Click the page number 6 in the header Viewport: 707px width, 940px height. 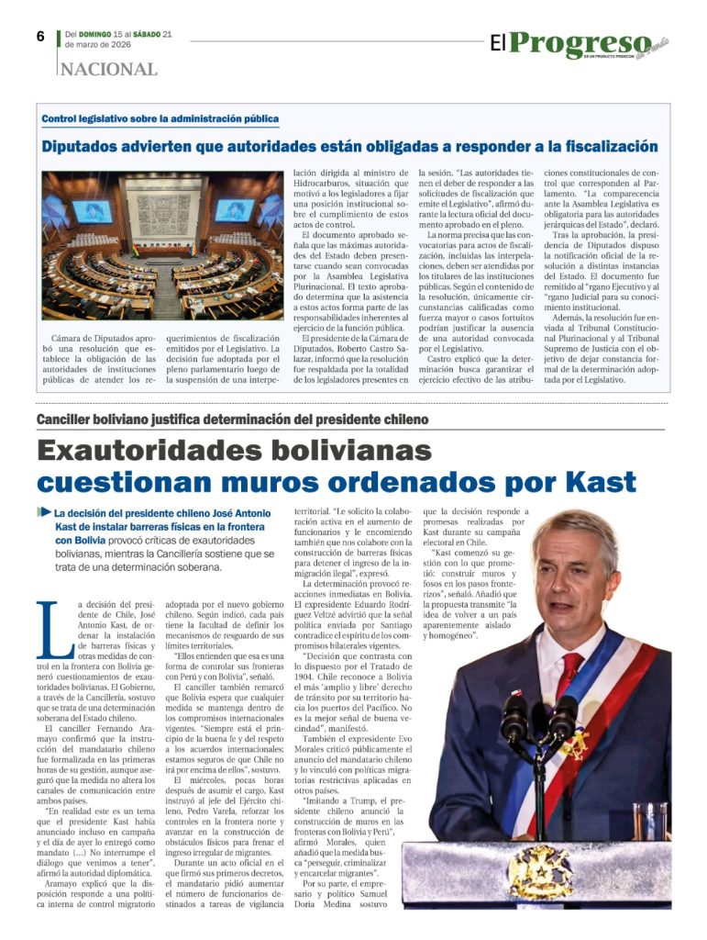[41, 37]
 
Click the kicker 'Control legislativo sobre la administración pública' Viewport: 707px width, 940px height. [160, 119]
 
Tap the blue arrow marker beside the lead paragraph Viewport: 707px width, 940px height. [44, 511]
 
